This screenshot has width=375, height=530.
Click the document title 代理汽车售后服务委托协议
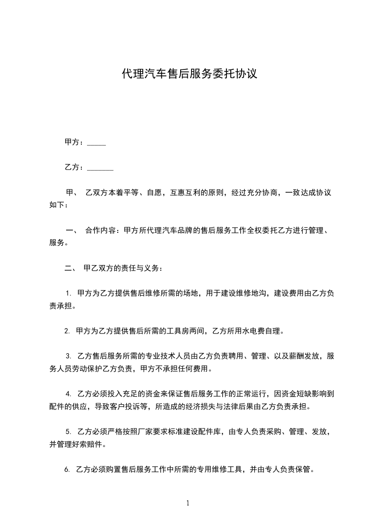pos(189,74)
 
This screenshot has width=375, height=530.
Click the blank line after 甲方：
pos(96,144)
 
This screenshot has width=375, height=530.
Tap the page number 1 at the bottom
pos(188,504)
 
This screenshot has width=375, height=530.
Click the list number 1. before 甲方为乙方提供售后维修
pos(68,293)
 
